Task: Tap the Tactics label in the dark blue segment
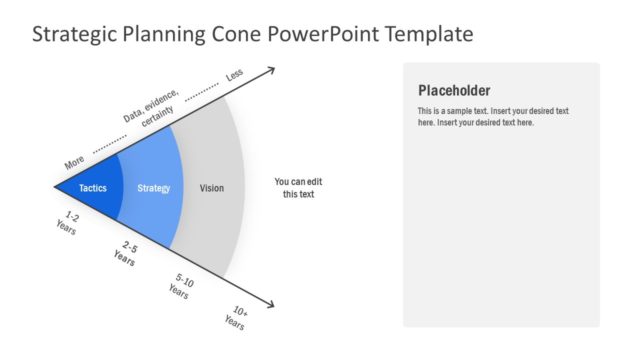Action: [x=93, y=188]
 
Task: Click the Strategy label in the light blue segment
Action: [x=153, y=188]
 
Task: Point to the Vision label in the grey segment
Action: [x=212, y=188]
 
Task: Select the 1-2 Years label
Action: [x=69, y=221]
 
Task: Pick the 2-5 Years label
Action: [x=126, y=252]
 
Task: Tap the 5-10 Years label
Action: [x=180, y=286]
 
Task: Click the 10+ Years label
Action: [x=235, y=318]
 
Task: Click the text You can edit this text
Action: [x=298, y=188]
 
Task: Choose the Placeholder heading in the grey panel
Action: [x=454, y=90]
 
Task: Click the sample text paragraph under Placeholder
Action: [x=493, y=116]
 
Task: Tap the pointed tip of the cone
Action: [x=56, y=186]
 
